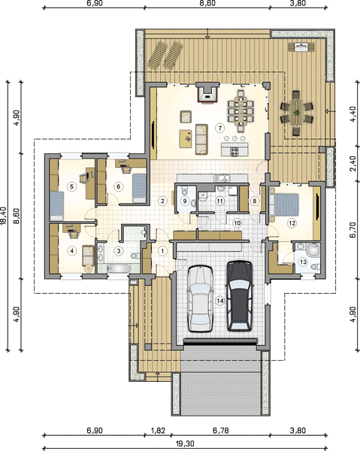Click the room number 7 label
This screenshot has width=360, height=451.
[220, 128]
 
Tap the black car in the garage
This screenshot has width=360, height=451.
[240, 296]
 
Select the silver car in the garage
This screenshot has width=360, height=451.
[201, 299]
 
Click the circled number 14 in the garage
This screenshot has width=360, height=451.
[220, 301]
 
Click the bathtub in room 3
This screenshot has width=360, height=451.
[119, 268]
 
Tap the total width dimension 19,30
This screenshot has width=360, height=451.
[185, 443]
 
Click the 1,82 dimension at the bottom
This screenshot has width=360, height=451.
[158, 431]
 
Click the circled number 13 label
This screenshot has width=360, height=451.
[303, 262]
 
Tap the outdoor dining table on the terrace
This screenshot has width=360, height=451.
[296, 112]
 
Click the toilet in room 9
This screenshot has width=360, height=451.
[185, 190]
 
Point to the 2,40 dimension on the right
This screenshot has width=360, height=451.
[352, 163]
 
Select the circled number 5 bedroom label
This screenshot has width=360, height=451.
[71, 186]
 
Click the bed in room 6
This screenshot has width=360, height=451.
[139, 187]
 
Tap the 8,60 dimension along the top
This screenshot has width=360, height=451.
[207, 3]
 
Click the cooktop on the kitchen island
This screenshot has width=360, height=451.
[234, 151]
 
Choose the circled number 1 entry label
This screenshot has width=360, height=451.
[162, 251]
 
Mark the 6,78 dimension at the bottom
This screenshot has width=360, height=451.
[220, 431]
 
